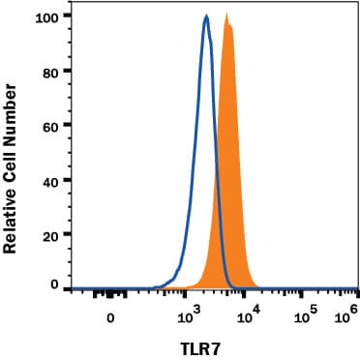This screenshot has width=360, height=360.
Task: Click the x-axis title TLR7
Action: (x=209, y=344)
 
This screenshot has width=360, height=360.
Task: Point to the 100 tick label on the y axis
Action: (x=45, y=16)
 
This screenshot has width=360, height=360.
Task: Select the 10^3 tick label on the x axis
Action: (x=189, y=315)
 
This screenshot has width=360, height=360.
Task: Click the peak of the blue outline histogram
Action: (x=206, y=16)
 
